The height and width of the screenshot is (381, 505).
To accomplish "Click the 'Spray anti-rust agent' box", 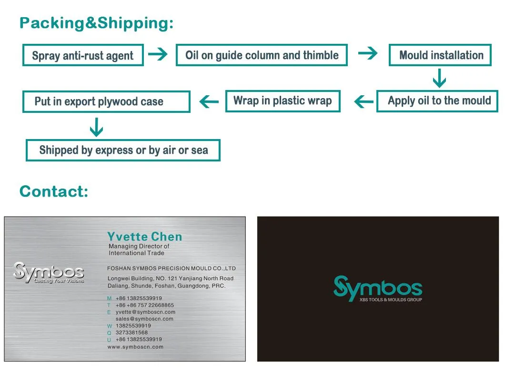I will (83, 55).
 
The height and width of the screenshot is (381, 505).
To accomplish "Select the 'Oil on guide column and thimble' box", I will (262, 55).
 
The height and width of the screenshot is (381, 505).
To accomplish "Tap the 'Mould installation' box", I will (440, 55).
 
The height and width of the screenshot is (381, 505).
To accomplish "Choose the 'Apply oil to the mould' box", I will (437, 101).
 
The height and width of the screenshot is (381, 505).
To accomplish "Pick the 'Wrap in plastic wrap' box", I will (283, 101).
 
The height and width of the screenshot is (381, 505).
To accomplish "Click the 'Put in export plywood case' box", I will (106, 101).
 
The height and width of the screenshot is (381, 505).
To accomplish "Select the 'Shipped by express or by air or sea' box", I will (123, 150).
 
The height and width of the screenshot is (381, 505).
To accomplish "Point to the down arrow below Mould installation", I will (439, 78).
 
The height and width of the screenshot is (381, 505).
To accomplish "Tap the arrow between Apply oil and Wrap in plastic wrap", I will (364, 101).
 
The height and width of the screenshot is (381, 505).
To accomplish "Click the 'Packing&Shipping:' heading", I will (96, 23).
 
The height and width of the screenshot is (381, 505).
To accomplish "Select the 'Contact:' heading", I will (54, 191).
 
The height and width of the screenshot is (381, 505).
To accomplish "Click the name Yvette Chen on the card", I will (144, 237).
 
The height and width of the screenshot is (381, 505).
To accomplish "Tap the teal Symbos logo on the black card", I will (377, 288).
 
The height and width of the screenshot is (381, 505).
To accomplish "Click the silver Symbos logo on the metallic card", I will (49, 273).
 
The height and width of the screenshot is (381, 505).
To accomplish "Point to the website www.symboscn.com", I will (135, 347).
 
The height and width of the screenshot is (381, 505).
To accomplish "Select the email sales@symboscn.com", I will (144, 319).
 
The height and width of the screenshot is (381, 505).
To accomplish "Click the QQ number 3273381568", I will (131, 332).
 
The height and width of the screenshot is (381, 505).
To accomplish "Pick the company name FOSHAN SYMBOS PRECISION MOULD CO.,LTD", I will (172, 269).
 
